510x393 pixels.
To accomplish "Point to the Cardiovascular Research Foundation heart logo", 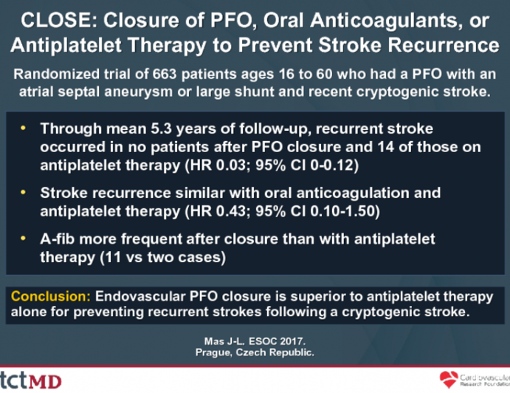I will [x=449, y=380].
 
